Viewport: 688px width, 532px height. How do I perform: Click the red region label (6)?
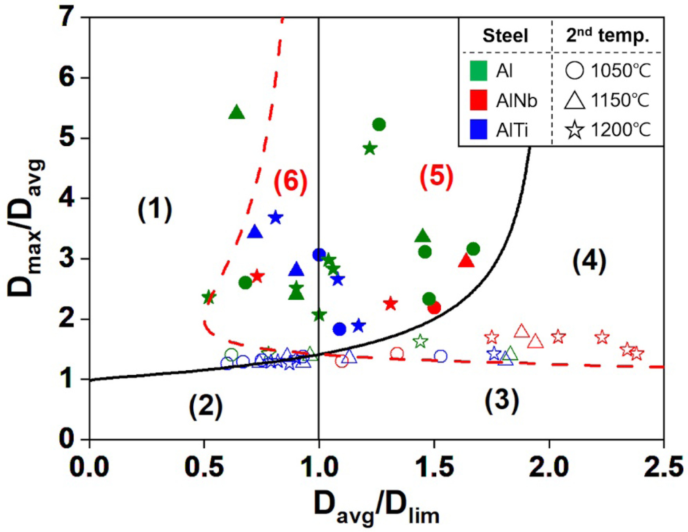pyautogui.click(x=290, y=181)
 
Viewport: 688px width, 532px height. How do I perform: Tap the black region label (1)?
pyautogui.click(x=155, y=209)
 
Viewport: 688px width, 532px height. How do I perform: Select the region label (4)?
pyautogui.click(x=589, y=261)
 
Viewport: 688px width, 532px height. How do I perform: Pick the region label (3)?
pyautogui.click(x=502, y=401)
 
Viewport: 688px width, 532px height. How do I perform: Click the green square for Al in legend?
pyautogui.click(x=478, y=71)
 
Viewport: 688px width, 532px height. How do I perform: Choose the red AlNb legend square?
pyautogui.click(x=478, y=100)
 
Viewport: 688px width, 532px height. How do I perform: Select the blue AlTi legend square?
pyautogui.click(x=478, y=130)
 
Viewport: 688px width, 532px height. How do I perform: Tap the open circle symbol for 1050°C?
pyautogui.click(x=575, y=70)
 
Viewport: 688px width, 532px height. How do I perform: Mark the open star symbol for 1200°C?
pyautogui.click(x=575, y=130)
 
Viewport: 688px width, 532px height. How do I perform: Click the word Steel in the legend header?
pyautogui.click(x=505, y=36)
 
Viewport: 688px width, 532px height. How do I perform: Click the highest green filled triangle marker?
pyautogui.click(x=237, y=112)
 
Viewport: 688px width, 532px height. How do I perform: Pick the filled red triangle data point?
pyautogui.click(x=466, y=261)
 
